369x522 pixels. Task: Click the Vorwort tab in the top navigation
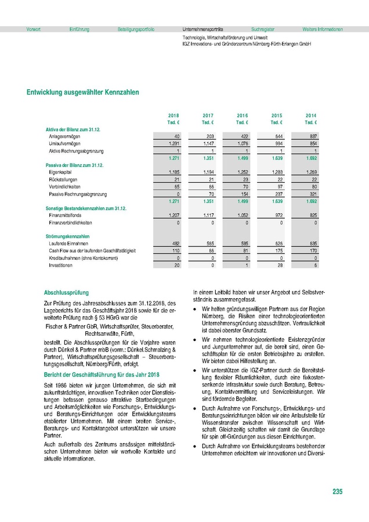(34, 29)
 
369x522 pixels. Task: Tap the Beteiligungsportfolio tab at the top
(136, 29)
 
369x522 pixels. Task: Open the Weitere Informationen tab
(323, 29)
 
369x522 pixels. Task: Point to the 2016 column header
(243, 116)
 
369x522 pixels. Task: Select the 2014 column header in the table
(310, 116)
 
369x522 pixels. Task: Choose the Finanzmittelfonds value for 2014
(310, 215)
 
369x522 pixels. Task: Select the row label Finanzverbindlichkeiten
(72, 223)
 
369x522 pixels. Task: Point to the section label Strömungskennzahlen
(67, 237)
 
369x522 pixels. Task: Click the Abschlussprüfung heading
(67, 293)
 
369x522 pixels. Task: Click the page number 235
(337, 492)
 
